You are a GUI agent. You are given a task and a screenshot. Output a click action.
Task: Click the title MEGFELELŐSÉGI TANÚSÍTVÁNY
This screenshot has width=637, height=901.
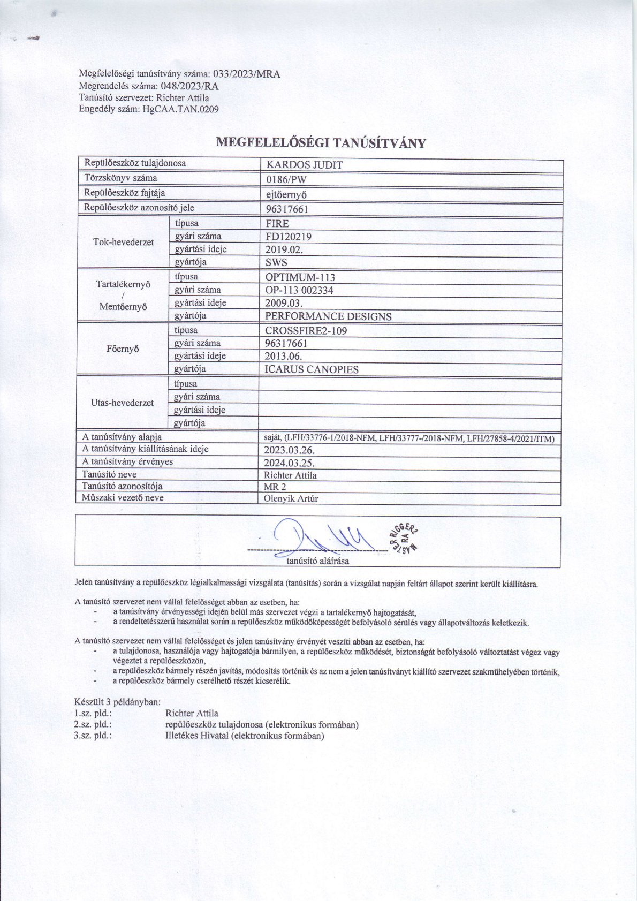point(321,143)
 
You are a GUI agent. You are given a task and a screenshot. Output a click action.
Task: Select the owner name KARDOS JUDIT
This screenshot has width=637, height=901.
point(304,165)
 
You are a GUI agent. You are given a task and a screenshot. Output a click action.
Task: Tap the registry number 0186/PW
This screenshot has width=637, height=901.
point(286,179)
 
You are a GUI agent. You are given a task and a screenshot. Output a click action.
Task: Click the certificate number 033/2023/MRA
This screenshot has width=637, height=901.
point(247,74)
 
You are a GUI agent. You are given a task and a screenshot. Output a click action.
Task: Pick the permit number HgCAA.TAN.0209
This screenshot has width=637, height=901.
point(180,109)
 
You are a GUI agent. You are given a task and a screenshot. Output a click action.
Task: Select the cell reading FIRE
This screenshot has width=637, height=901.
point(277,224)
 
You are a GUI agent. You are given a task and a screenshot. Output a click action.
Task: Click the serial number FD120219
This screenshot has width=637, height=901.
point(289,237)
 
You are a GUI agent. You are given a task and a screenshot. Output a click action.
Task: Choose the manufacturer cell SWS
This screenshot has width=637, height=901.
point(276,262)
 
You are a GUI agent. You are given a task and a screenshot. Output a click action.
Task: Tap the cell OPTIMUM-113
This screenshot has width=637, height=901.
point(300,277)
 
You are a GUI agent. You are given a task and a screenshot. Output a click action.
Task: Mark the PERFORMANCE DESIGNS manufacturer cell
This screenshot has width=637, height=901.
point(328,316)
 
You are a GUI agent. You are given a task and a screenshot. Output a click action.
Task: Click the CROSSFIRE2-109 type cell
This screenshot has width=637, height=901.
point(306,331)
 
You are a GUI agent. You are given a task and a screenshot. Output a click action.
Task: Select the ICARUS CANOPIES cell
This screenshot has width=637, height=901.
point(312,369)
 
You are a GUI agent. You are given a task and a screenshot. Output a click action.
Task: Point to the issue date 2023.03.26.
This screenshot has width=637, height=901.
point(289,450)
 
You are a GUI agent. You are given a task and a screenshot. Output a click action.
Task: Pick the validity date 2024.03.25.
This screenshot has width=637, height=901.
point(289,463)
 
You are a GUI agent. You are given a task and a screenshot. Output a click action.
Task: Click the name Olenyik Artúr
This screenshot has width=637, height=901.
point(291,498)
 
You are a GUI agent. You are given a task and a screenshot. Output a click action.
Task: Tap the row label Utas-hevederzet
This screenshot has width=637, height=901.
point(123,403)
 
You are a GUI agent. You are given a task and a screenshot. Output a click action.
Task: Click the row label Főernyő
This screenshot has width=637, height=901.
point(123,349)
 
